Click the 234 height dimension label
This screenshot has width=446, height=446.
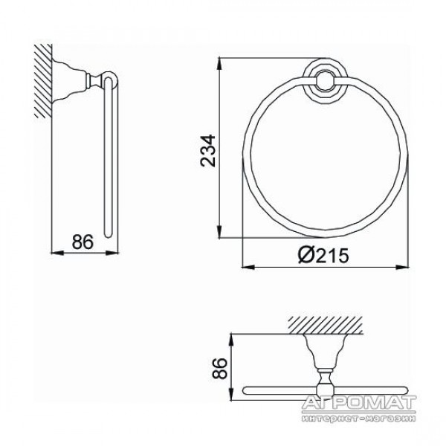[208, 151]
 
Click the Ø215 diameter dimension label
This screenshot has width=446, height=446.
[323, 255]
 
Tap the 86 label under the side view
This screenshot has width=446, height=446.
[83, 242]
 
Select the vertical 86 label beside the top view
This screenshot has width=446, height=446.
[220, 369]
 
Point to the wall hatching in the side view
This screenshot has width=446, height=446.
[43, 81]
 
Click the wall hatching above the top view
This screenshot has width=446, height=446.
[325, 325]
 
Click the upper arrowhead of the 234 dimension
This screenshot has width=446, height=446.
[219, 63]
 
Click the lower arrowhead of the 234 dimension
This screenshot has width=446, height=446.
[219, 232]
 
